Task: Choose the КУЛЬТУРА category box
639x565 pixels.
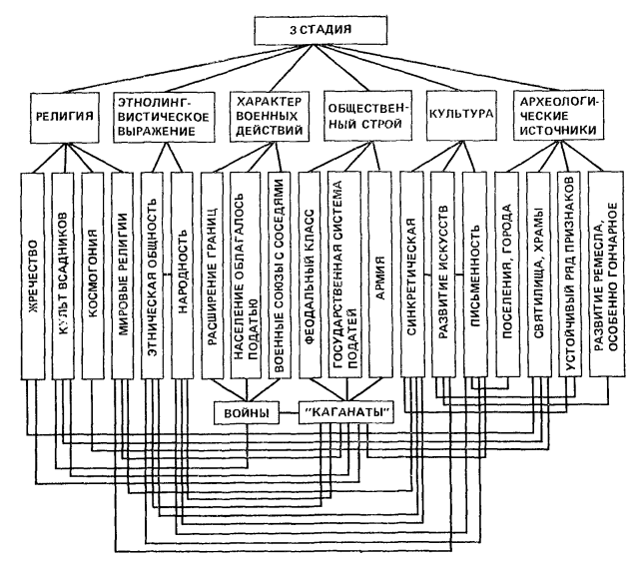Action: coord(460,116)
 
